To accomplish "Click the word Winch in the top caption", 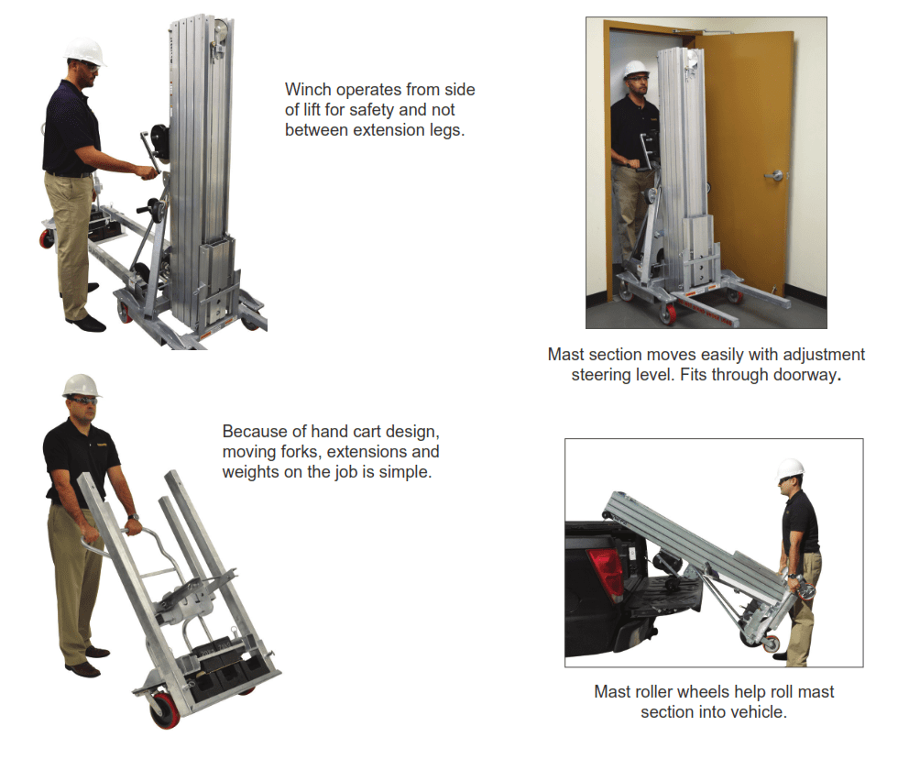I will [307, 90].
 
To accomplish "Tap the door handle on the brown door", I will [774, 175].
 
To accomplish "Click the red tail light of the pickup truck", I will [605, 569].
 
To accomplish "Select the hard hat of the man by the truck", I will [790, 469].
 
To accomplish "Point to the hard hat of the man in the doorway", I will [634, 70].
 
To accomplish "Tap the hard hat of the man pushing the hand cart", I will [81, 385].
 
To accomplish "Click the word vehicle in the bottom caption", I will [758, 712].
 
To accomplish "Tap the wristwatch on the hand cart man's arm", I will [134, 519].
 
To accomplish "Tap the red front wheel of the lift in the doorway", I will [670, 314].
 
